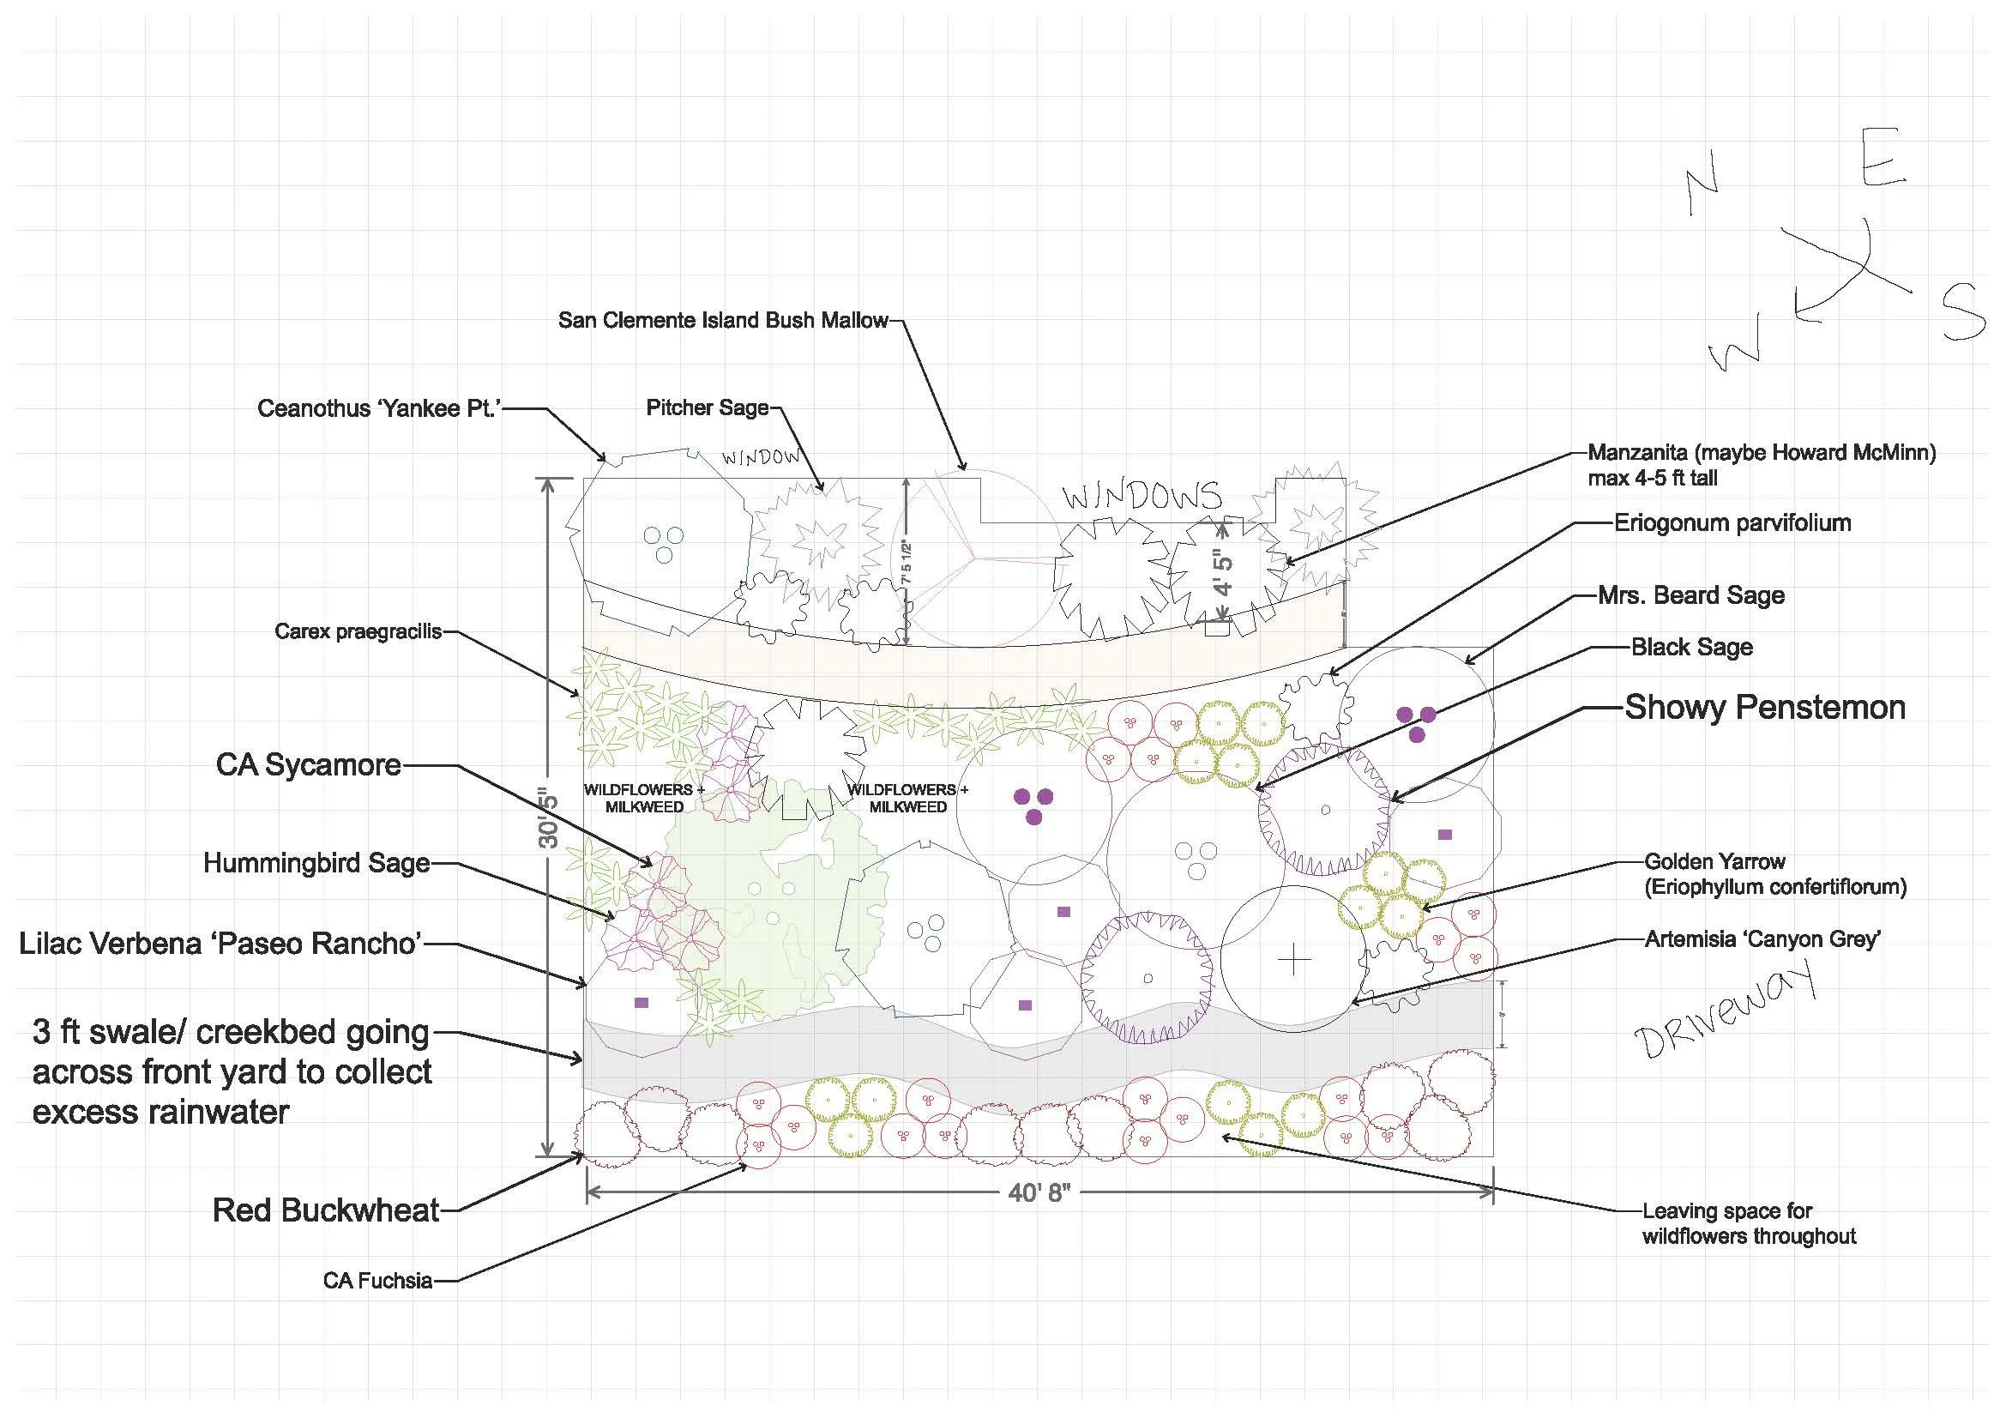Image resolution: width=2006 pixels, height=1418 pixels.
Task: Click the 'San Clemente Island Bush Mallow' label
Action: pos(722,321)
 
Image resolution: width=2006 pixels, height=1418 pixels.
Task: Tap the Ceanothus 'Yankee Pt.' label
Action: pos(377,409)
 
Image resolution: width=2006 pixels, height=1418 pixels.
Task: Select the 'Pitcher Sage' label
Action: pos(707,408)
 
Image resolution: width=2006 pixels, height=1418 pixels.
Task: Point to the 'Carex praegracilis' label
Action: pos(358,631)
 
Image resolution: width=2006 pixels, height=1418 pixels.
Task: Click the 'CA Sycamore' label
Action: pos(309,765)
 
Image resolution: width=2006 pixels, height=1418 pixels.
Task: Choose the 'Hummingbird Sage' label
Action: pos(316,864)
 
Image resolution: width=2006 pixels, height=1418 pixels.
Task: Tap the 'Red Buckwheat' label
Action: pos(326,1211)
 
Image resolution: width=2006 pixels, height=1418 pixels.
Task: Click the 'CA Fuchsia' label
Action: pos(377,1281)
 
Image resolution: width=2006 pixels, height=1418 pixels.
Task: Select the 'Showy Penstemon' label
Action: pos(1765,708)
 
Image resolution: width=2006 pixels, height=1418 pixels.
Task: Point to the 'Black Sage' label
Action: pos(1691,648)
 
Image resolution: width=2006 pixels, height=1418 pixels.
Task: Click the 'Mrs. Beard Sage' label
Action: pos(1690,596)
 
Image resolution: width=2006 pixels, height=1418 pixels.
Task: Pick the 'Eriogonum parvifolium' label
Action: pos(1732,523)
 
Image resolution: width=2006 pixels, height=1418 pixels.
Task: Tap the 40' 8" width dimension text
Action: pos(1039,1192)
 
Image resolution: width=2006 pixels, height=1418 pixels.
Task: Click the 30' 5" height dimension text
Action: pos(549,818)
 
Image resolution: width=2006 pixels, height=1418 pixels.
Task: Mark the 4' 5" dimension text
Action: pos(1224,572)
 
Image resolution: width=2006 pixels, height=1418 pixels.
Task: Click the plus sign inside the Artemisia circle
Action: pos(1294,961)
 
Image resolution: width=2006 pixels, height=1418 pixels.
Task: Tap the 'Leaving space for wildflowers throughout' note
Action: pos(1748,1224)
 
